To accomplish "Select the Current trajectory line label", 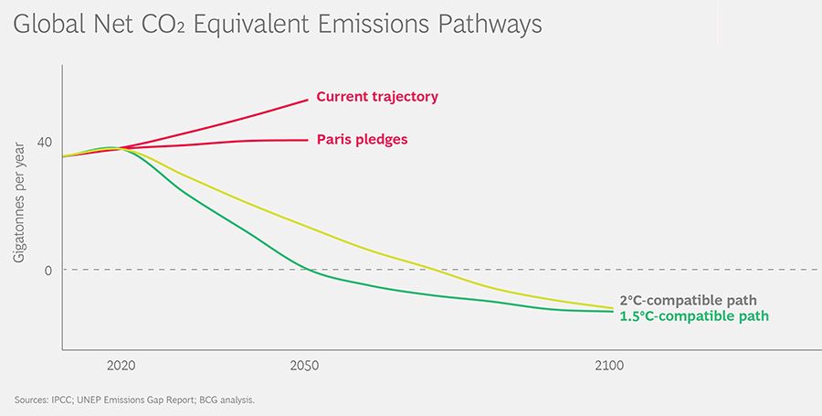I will [377, 96].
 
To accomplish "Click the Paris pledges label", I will [362, 140].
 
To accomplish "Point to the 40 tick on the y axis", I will [44, 142].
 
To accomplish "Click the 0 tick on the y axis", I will [47, 270].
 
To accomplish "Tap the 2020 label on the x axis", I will [121, 366].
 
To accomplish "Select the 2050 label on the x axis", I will [304, 366].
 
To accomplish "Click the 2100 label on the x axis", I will [608, 366].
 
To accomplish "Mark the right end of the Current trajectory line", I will [308, 100].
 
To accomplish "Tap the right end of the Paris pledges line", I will [308, 140].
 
